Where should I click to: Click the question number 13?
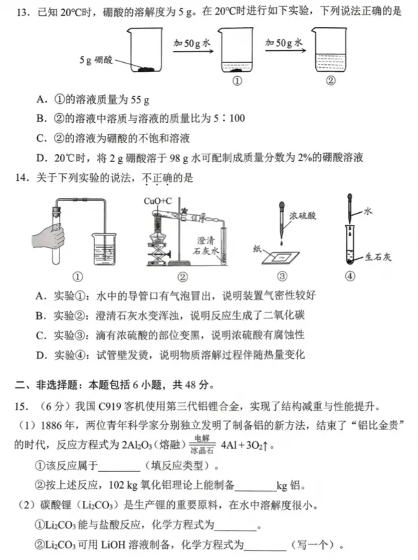point(19,13)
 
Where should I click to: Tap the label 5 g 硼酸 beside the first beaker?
point(96,59)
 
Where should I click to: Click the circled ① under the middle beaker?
point(236,80)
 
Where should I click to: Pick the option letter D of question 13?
point(41,157)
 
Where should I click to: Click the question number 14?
point(19,179)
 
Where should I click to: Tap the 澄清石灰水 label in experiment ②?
point(208,245)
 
